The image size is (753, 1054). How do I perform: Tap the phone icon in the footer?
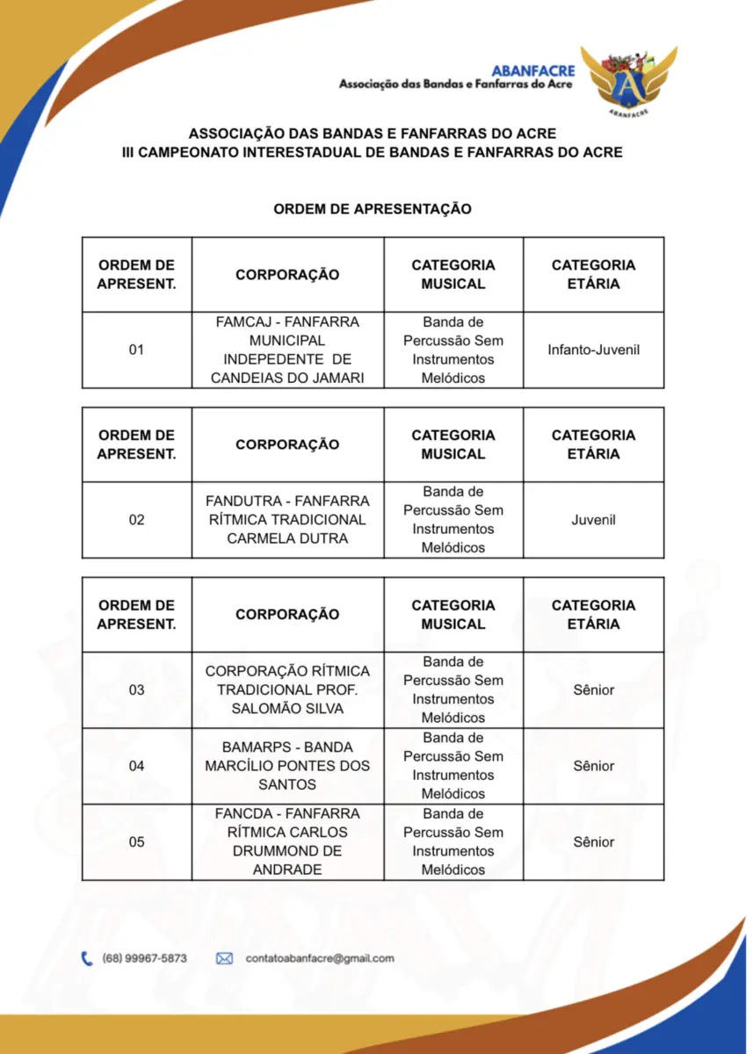click(x=87, y=958)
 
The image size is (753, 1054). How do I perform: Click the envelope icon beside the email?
click(x=224, y=958)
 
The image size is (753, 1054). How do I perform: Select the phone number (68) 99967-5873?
click(x=145, y=958)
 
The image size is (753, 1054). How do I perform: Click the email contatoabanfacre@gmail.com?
click(x=320, y=958)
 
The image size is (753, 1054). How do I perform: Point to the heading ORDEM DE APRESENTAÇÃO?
click(x=373, y=209)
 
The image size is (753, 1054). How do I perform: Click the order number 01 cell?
click(x=136, y=350)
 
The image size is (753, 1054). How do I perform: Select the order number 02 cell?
click(x=136, y=520)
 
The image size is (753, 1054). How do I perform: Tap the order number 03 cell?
click(x=136, y=690)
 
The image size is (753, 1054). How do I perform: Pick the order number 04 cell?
click(x=136, y=766)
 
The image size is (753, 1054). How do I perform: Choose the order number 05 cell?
click(x=136, y=842)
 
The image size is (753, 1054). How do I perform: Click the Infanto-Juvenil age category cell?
click(x=593, y=350)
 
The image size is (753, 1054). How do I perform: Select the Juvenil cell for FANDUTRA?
click(x=593, y=520)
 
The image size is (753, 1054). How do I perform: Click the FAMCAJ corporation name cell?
click(x=287, y=350)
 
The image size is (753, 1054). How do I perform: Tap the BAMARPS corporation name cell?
click(x=287, y=766)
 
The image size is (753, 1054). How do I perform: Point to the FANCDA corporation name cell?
click(x=287, y=842)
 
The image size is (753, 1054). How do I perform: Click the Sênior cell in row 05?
click(x=593, y=842)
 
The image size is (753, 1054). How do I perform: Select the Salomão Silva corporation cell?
click(x=287, y=690)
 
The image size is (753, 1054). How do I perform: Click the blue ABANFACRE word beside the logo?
click(x=533, y=70)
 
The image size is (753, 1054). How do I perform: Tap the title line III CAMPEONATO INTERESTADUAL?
click(x=373, y=152)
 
